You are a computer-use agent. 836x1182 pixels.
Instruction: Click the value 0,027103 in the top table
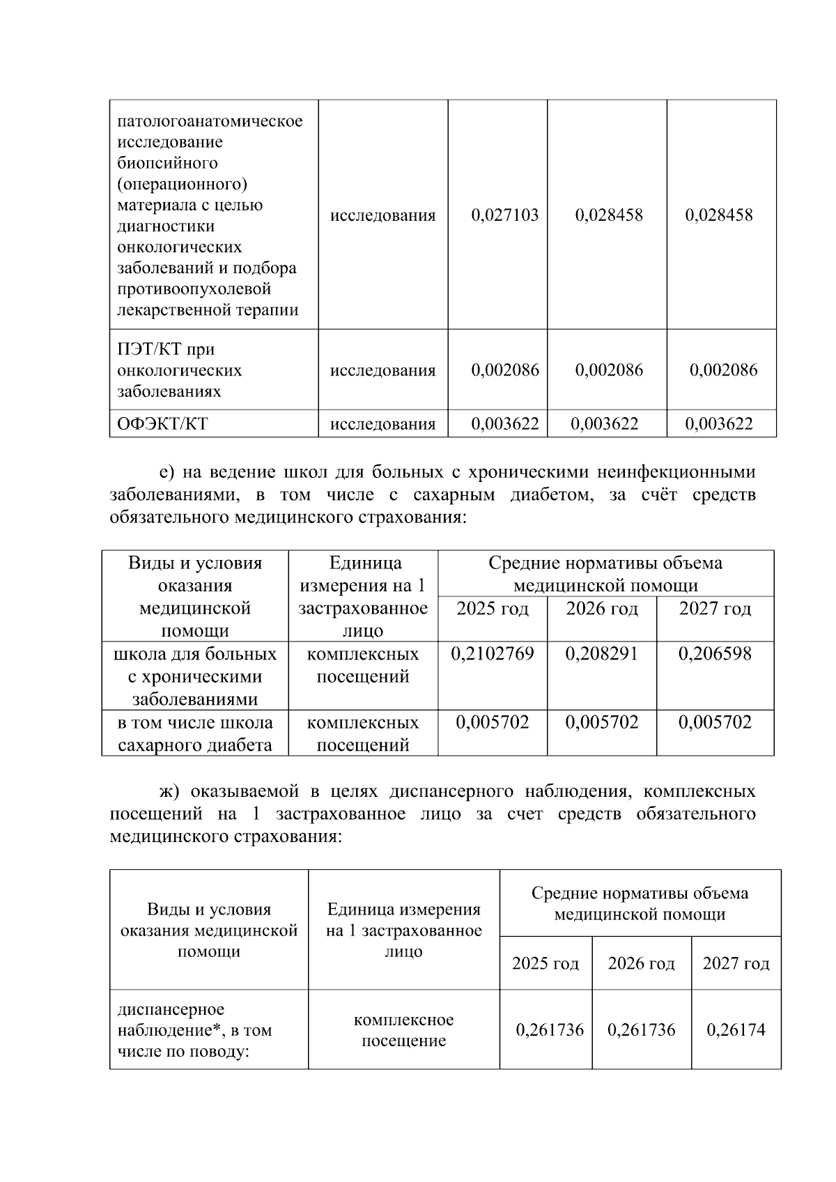point(504,215)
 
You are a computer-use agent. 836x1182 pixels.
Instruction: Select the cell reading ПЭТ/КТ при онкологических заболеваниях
point(179,370)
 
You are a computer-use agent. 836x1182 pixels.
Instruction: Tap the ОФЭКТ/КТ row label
point(162,423)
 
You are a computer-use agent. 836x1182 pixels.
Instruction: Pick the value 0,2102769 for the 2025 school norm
point(493,653)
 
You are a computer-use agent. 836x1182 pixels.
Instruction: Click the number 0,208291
point(601,653)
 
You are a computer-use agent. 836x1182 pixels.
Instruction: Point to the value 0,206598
point(715,653)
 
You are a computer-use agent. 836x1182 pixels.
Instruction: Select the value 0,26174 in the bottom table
point(736,1029)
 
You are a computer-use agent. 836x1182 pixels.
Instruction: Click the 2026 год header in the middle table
point(601,609)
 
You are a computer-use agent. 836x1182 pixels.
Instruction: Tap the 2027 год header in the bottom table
point(736,963)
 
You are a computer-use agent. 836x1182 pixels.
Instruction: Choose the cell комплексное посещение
point(403,1030)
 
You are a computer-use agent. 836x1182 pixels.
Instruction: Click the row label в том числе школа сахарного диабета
point(195,733)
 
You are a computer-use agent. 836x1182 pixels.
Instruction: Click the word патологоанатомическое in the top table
point(210,121)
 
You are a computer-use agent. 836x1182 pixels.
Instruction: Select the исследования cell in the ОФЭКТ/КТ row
point(382,424)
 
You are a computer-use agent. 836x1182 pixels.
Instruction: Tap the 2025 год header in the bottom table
point(545,963)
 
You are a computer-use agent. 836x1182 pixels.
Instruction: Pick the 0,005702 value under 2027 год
point(715,722)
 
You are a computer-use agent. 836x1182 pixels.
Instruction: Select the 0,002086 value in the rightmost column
point(723,370)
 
